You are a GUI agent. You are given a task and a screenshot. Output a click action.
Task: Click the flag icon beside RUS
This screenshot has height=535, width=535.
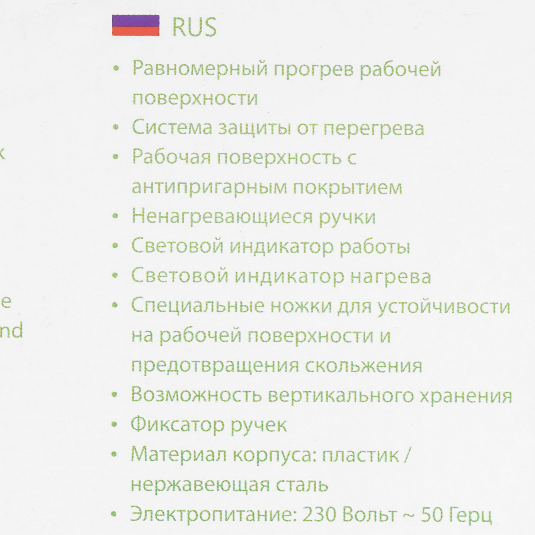[135, 25]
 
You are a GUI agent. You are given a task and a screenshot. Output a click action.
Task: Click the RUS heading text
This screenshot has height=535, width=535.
[194, 27]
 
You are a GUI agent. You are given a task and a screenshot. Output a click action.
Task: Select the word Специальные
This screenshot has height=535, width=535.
[197, 306]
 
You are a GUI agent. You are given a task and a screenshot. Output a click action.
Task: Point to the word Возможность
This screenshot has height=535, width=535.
[196, 396]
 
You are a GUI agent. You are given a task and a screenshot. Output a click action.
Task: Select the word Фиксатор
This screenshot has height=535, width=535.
[177, 425]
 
